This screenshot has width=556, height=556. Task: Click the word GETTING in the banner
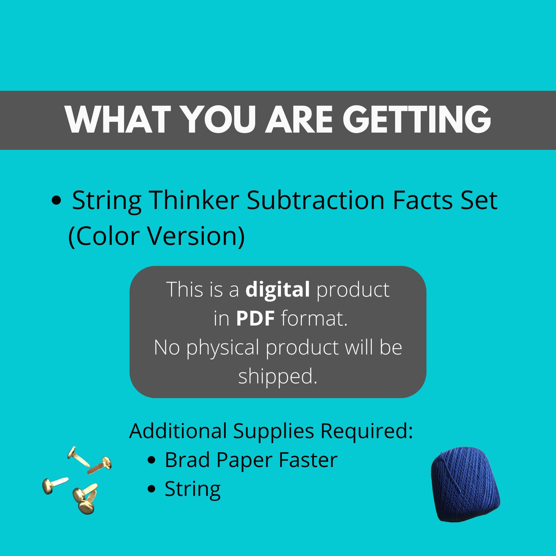pos(417,119)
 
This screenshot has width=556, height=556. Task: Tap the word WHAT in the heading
pos(118,119)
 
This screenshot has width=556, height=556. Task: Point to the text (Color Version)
pos(157,236)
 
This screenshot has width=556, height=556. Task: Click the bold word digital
pos(277,290)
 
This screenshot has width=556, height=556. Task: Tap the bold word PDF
pos(255,319)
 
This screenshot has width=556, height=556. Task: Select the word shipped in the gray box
pos(277,377)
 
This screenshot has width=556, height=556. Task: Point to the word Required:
pos(367,431)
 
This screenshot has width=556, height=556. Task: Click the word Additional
pos(178,431)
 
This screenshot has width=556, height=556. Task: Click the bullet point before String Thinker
pos(56,201)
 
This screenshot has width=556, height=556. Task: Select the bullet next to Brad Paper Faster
pos(151,460)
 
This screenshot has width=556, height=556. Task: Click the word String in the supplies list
pos(193,489)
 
